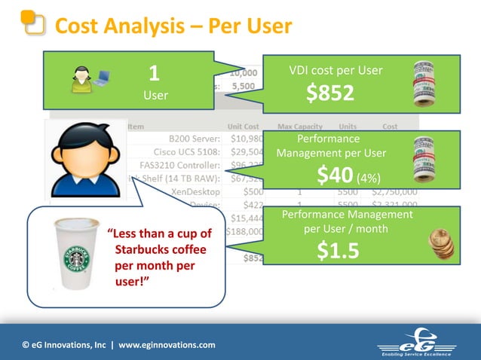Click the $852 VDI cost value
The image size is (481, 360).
(x=329, y=93)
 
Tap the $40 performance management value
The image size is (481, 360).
(x=335, y=175)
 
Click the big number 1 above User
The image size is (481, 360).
(x=154, y=74)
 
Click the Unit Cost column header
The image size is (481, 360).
(x=243, y=127)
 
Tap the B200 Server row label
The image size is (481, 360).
(x=195, y=139)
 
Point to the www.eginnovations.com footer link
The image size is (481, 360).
(x=167, y=345)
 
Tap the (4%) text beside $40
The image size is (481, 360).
(x=369, y=178)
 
